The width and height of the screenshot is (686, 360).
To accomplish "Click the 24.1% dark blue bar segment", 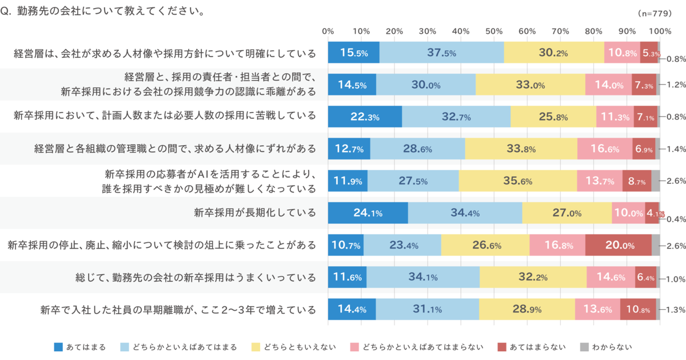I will (368, 213).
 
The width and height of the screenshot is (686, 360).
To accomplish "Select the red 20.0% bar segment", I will (619, 245).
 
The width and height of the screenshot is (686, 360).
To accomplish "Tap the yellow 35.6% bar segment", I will (517, 181).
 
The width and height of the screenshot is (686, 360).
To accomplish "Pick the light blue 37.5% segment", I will (441, 53).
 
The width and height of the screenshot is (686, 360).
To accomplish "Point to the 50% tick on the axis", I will (494, 31).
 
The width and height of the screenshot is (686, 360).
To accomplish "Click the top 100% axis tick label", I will (660, 31).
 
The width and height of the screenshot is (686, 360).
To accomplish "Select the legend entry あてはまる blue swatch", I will (58, 346).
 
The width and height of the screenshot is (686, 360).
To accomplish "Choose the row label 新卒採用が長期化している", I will (255, 213).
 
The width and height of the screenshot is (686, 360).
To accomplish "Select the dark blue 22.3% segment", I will (365, 117).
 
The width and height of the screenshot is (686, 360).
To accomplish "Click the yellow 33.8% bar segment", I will (521, 149).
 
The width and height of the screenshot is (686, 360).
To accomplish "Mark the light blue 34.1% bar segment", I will (423, 277).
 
